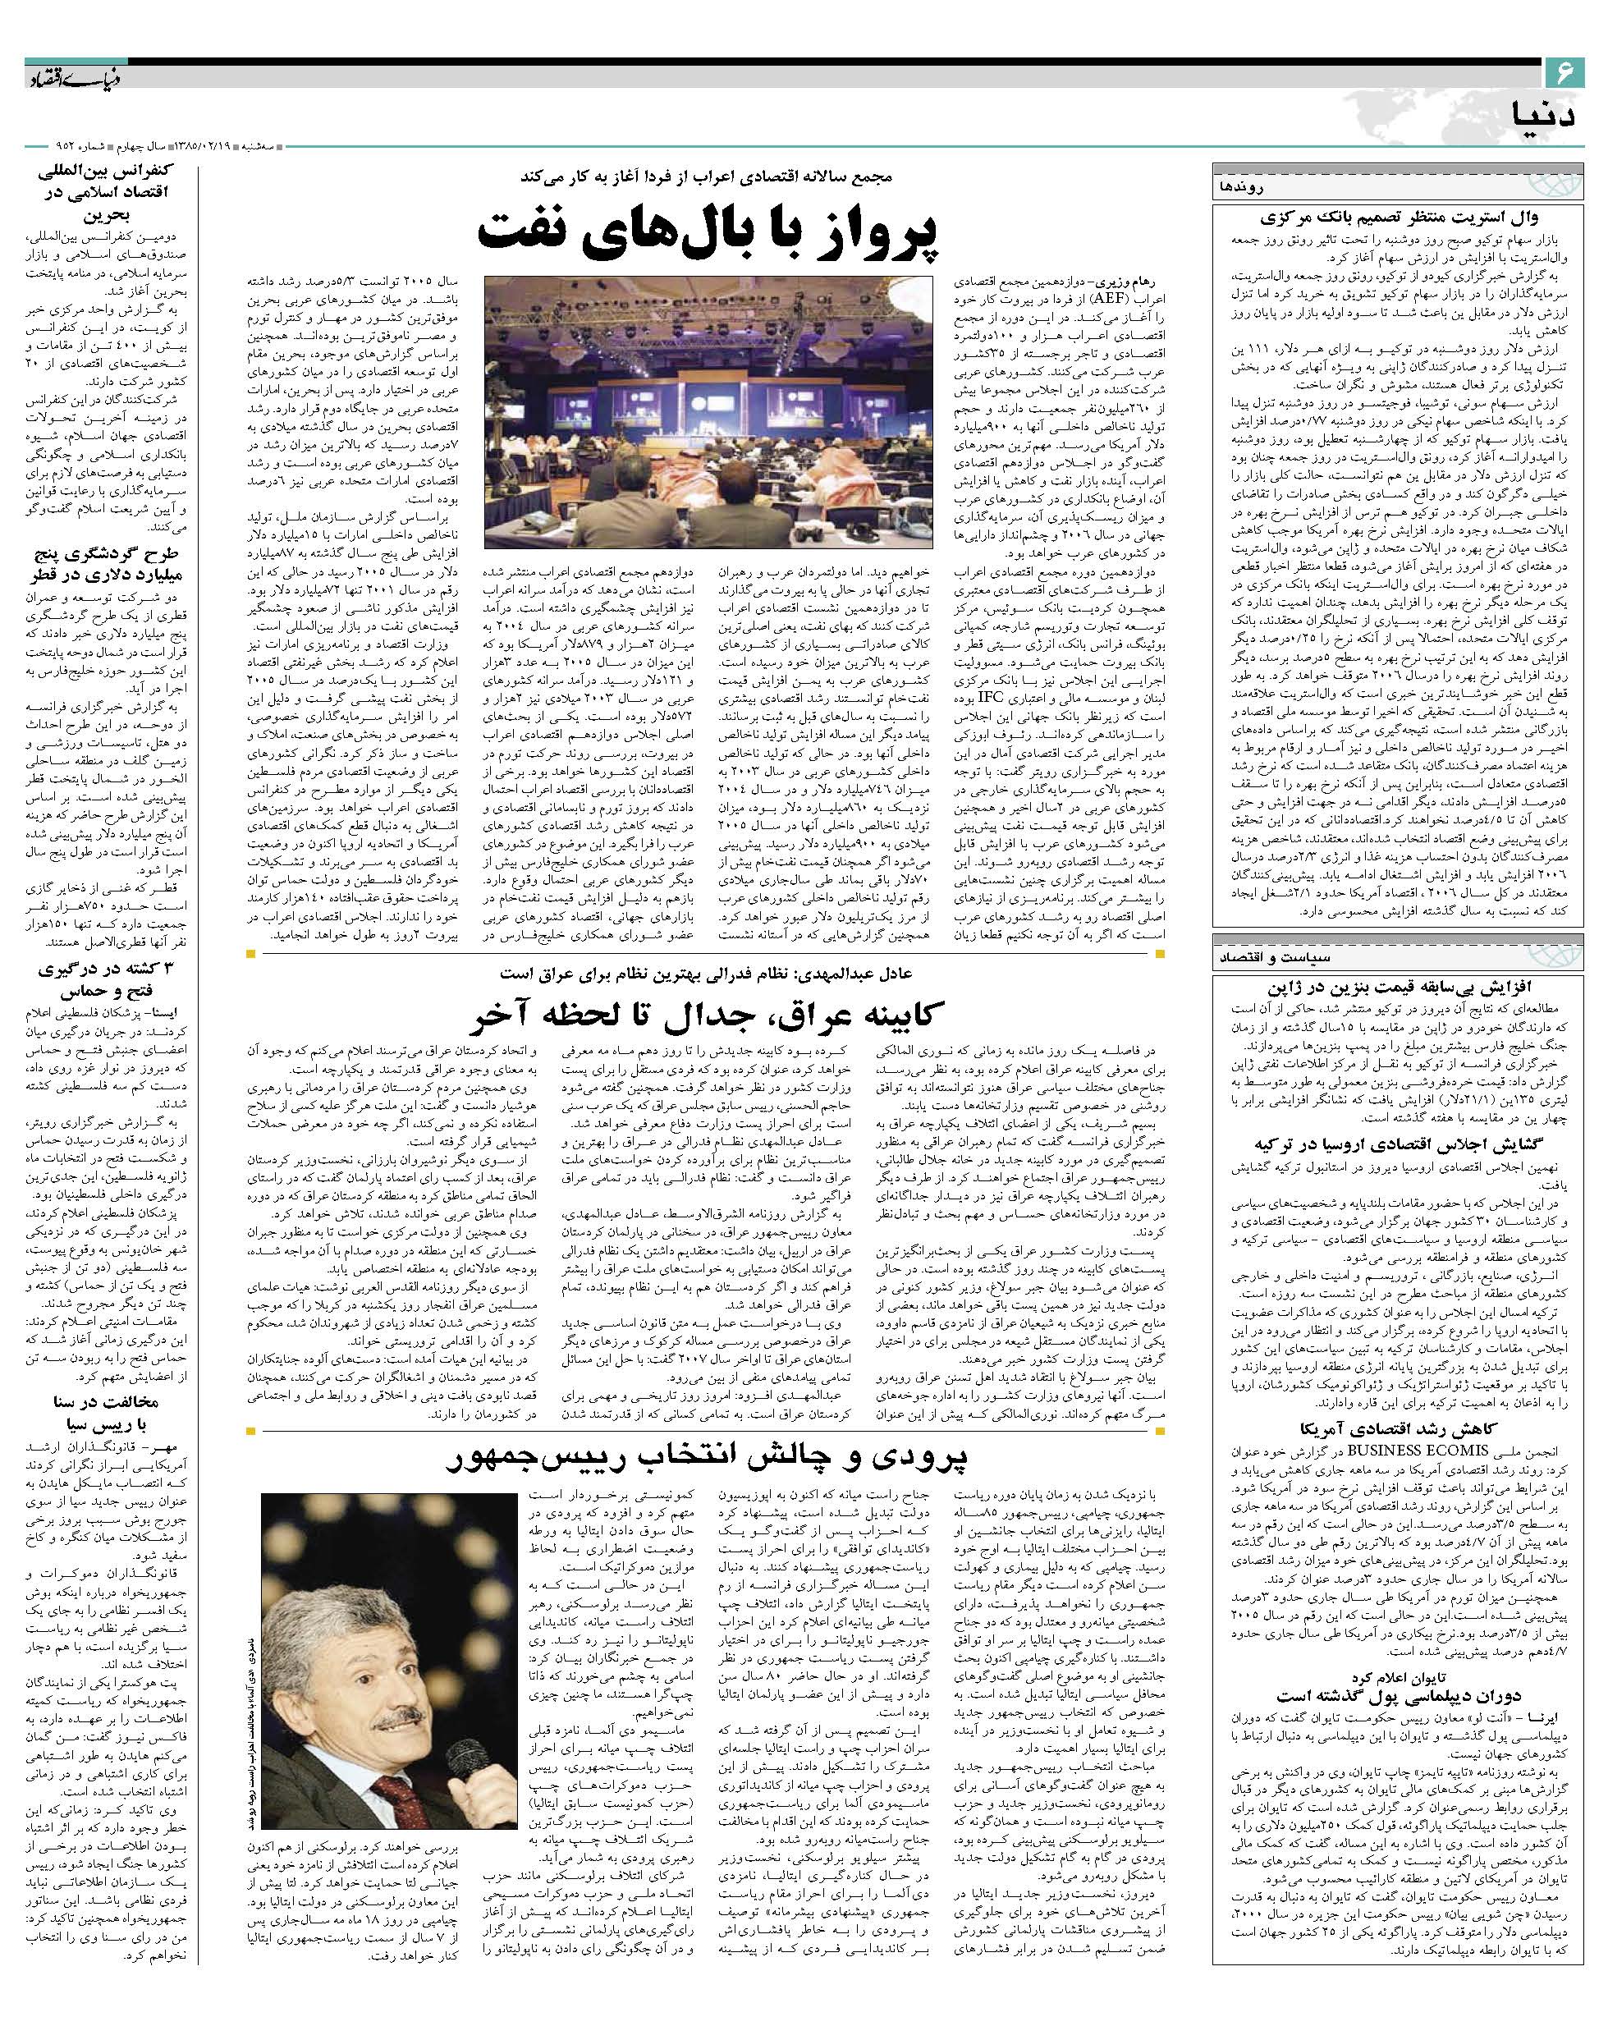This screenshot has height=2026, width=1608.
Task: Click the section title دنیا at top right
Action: (x=1542, y=117)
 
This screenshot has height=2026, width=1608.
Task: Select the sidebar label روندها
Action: (x=1241, y=186)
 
